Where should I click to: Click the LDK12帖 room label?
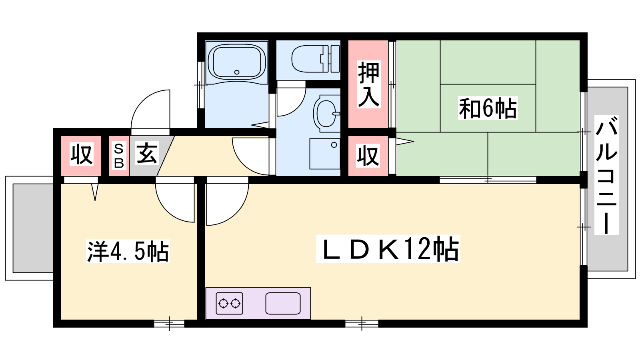(x=388, y=249)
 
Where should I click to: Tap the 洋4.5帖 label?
(x=128, y=251)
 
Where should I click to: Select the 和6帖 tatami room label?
(x=488, y=108)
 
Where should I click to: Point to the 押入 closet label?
(x=368, y=84)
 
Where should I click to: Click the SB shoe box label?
(x=119, y=156)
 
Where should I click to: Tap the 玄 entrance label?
(x=147, y=153)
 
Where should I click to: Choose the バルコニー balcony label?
(x=606, y=175)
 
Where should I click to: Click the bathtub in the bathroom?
(x=236, y=62)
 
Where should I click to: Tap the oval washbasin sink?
(x=326, y=114)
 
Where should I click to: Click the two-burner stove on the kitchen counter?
(x=229, y=304)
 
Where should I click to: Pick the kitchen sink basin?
(x=283, y=303)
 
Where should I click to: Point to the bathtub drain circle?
(x=236, y=72)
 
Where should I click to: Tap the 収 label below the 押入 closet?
(x=368, y=156)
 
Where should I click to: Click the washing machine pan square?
(x=325, y=154)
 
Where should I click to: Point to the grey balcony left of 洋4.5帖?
(x=33, y=228)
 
